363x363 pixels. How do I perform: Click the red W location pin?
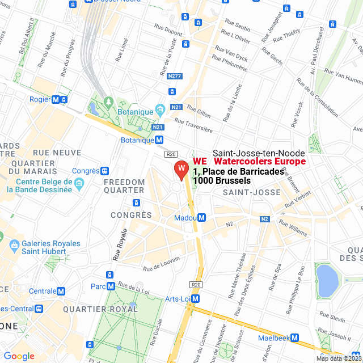click(x=180, y=169)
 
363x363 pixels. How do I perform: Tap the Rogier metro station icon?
click(x=56, y=99)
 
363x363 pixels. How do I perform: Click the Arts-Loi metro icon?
click(x=196, y=298)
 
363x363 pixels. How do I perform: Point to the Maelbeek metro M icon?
click(x=296, y=337)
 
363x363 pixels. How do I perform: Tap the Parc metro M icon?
click(x=111, y=286)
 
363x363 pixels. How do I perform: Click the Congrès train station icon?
click(x=104, y=171)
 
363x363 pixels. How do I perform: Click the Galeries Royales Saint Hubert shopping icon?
click(x=14, y=247)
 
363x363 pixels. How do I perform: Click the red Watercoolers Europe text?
click(x=260, y=162)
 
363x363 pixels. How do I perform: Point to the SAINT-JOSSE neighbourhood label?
click(x=251, y=193)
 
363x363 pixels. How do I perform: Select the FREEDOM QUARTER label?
click(x=124, y=186)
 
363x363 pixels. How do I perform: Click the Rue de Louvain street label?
click(x=161, y=263)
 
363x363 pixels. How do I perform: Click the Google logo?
click(x=19, y=356)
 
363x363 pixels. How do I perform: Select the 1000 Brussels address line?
click(x=222, y=180)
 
